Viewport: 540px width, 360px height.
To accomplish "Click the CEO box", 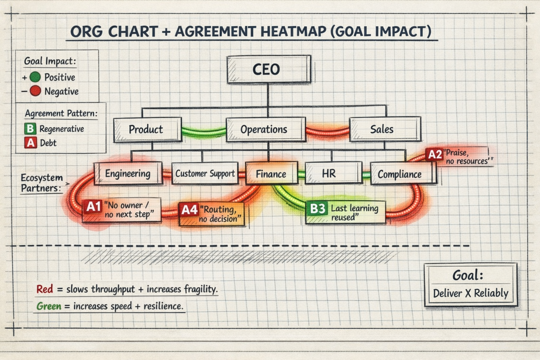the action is click(269, 69).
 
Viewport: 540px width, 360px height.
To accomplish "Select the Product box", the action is click(147, 129).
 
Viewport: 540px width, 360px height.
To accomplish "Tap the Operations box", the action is click(265, 129).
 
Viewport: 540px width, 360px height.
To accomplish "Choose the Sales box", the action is click(385, 129).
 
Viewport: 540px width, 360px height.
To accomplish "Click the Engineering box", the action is click(128, 174).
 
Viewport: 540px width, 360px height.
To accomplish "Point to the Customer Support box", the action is click(205, 174).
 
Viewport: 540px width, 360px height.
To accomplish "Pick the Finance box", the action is click(271, 174).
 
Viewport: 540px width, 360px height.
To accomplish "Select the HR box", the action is click(333, 173).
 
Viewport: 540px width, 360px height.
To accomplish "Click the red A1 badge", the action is click(93, 206).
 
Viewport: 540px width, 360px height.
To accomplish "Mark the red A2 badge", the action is click(434, 154).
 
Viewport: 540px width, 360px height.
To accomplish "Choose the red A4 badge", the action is click(189, 210).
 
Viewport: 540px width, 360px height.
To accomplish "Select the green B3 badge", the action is click(317, 208).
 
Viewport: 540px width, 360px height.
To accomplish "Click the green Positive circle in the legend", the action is click(35, 77).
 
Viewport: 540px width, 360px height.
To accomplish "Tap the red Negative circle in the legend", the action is click(35, 91).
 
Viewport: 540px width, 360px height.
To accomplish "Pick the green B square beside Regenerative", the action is click(30, 129).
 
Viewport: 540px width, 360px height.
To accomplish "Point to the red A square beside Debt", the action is click(31, 143).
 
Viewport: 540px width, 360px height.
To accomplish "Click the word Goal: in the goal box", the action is click(468, 275).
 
